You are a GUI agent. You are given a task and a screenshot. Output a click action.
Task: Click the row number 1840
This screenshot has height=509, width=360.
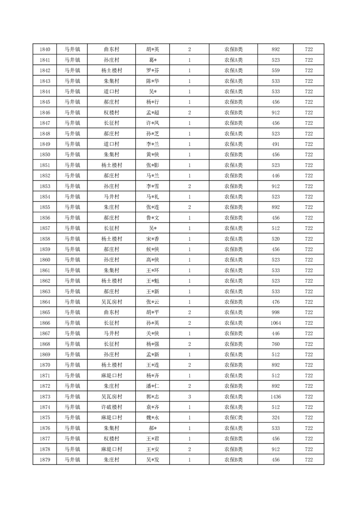45,49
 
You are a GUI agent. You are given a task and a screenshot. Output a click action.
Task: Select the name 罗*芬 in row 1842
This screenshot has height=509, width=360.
153,70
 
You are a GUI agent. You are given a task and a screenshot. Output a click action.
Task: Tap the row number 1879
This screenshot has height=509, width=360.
45,460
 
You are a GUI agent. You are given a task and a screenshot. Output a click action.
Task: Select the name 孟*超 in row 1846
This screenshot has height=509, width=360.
153,113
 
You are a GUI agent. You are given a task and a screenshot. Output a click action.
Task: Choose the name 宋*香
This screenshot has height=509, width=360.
153,239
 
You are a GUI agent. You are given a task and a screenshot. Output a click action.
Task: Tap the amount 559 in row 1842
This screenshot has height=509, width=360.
276,70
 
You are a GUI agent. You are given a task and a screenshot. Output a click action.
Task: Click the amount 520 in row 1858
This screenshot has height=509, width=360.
276,239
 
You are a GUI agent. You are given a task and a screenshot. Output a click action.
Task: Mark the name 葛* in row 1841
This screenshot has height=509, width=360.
153,60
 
